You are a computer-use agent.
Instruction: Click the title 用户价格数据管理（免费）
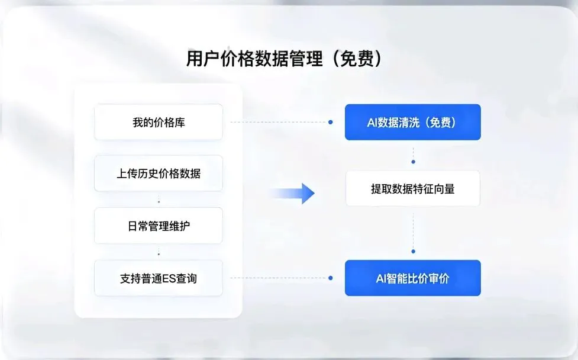point(283,59)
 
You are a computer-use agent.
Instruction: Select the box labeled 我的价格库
point(159,123)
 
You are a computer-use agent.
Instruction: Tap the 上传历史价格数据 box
point(159,173)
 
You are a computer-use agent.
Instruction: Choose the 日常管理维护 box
point(159,226)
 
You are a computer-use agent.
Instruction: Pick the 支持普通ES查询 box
point(159,278)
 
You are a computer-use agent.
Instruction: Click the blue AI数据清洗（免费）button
point(412,122)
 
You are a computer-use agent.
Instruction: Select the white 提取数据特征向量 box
point(412,189)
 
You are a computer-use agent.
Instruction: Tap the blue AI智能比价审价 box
point(412,278)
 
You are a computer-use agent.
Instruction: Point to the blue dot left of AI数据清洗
point(330,122)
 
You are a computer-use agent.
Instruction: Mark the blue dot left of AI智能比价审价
point(330,278)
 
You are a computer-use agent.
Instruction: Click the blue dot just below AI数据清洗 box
point(413,161)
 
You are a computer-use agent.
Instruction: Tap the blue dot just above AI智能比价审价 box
point(413,252)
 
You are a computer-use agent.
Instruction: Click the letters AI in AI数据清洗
point(372,123)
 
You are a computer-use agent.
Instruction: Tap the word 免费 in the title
point(359,59)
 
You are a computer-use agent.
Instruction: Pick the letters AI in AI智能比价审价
point(382,278)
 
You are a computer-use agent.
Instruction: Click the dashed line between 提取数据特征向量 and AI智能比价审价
point(413,228)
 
